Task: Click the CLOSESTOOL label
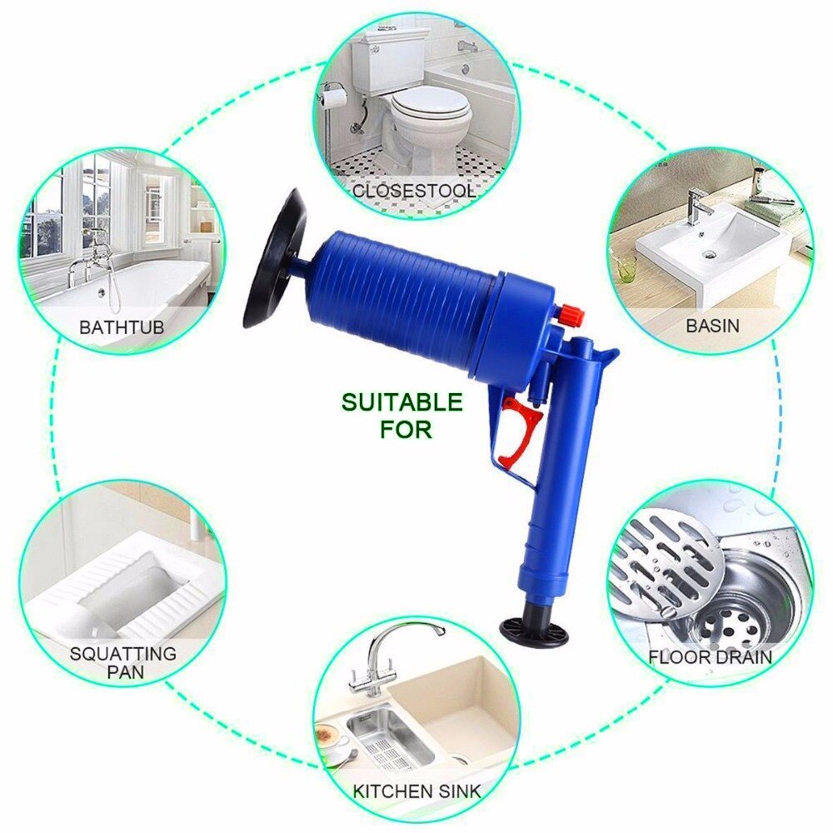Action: tap(414, 191)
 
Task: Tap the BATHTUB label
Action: tap(122, 326)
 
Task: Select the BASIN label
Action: tap(712, 325)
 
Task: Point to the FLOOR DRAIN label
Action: tap(711, 657)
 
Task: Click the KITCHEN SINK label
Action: tap(416, 789)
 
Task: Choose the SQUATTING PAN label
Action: tap(122, 662)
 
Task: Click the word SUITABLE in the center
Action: tap(401, 404)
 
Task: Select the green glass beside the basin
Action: tap(626, 267)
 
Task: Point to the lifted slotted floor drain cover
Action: tap(666, 554)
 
